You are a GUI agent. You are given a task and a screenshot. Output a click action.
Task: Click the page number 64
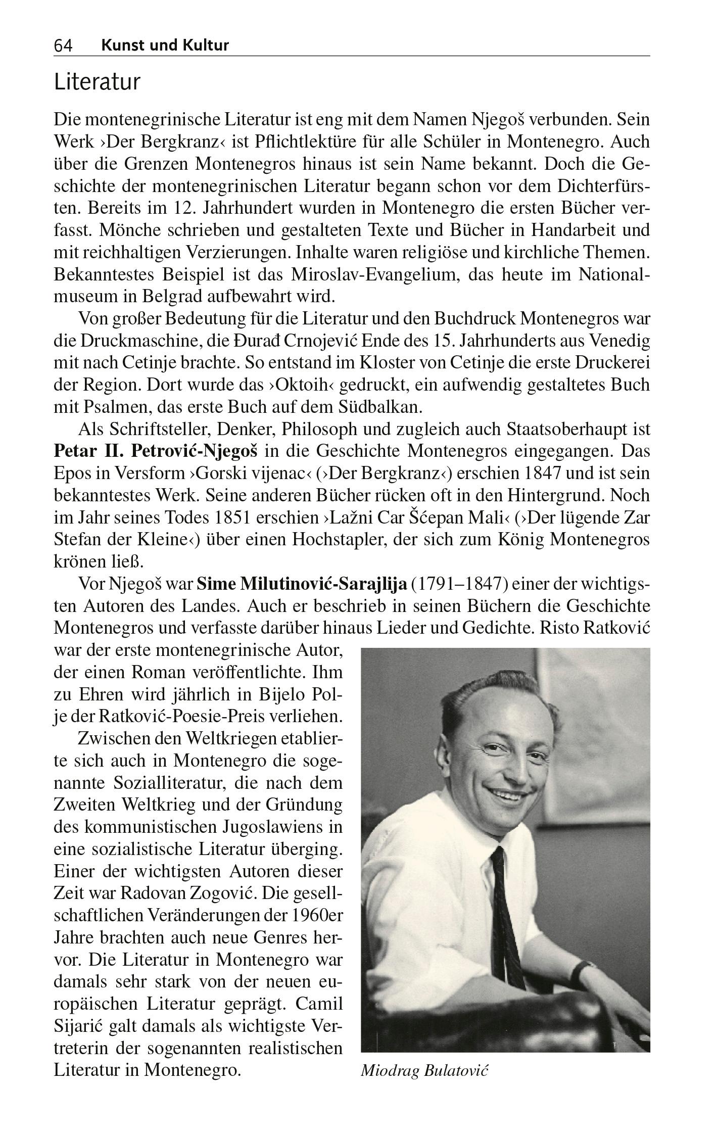(63, 46)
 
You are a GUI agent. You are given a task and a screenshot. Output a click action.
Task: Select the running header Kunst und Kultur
(165, 45)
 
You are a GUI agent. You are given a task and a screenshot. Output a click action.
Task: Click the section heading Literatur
(97, 82)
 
